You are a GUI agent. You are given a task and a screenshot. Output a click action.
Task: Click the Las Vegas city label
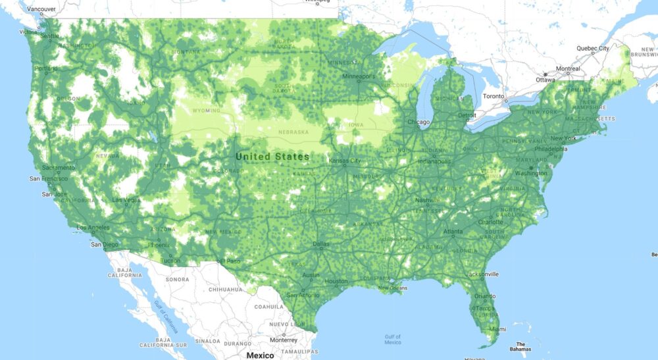[126, 199]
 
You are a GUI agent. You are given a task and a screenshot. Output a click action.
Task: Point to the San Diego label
[105, 245]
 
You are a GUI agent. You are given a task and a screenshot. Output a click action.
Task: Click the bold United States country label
[272, 157]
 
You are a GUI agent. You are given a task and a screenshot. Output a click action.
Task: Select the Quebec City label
[593, 48]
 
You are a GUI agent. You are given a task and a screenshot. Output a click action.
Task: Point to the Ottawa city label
[545, 80]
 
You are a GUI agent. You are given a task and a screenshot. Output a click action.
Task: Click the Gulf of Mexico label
[393, 339]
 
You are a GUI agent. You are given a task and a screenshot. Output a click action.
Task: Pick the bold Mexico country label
[259, 355]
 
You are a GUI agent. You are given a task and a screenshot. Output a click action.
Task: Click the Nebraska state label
[293, 132]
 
